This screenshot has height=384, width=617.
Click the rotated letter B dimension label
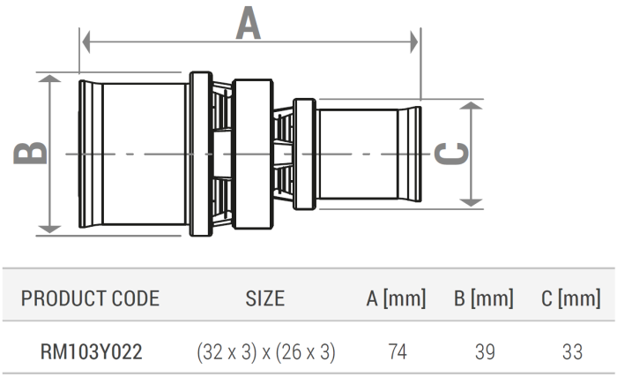point(32,153)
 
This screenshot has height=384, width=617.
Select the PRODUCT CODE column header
point(90,298)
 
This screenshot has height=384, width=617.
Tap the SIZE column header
point(264,298)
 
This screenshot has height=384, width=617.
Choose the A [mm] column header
point(396,298)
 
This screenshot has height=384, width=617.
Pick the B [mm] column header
point(484,298)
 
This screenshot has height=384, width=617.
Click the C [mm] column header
point(571,298)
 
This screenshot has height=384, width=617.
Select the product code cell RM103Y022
point(90,352)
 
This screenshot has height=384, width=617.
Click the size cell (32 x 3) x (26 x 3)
point(265,352)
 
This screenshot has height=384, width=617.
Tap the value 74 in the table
point(397,352)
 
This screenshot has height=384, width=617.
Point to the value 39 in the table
point(485,352)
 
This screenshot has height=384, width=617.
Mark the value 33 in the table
point(572,352)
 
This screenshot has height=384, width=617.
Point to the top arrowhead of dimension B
point(50,80)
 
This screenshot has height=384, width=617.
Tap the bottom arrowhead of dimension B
point(50,229)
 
